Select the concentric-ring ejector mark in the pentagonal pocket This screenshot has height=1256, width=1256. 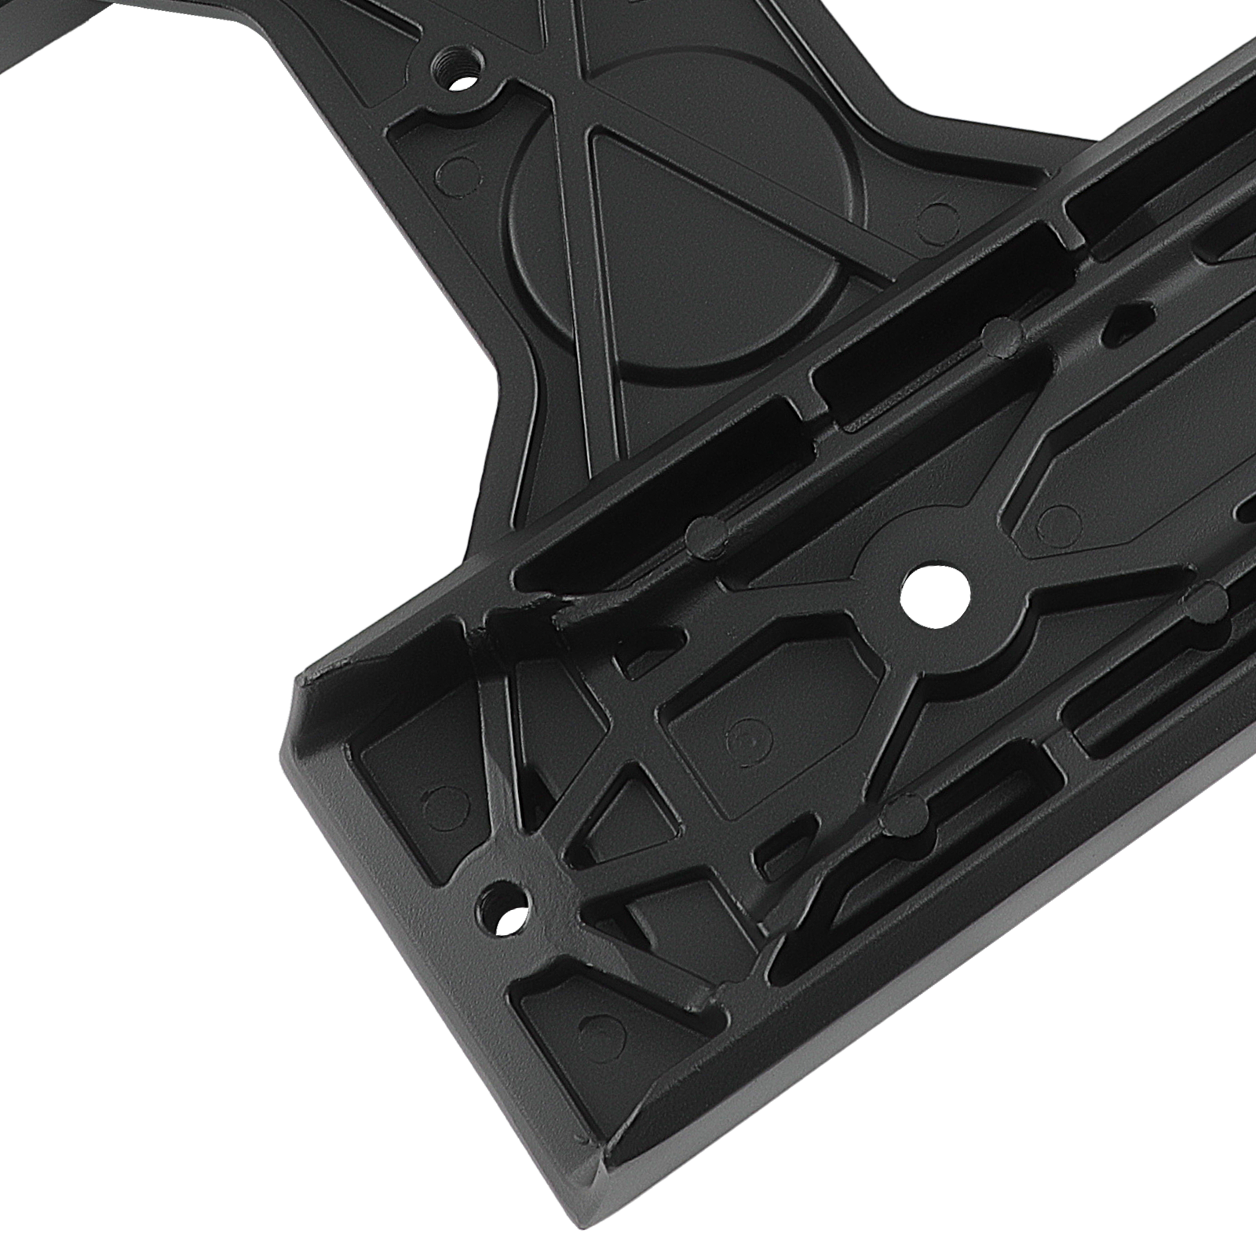click(741, 738)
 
